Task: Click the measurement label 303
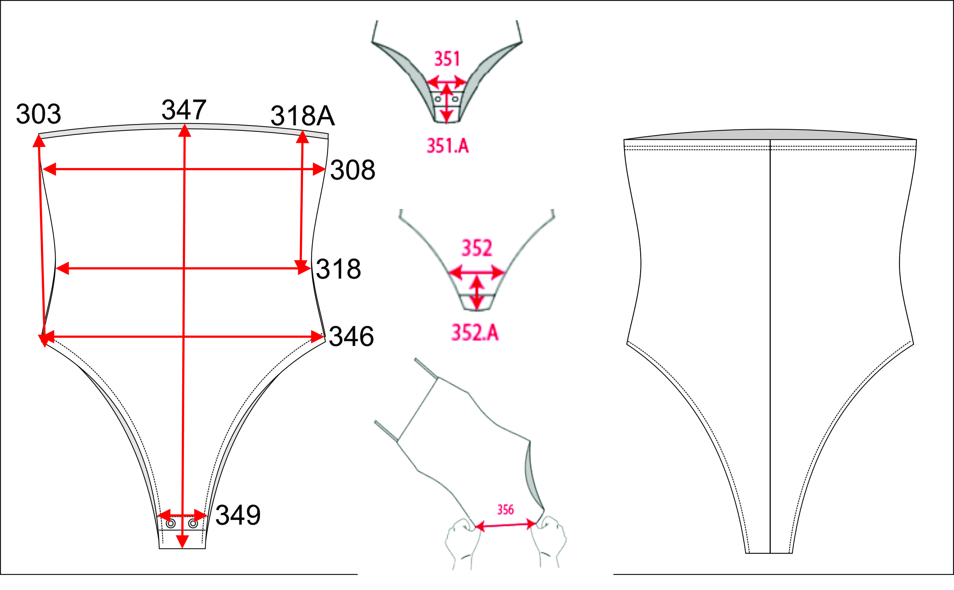pyautogui.click(x=38, y=114)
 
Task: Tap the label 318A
pyautogui.click(x=302, y=116)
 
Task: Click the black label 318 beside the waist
pyautogui.click(x=338, y=269)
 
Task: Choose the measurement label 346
pyautogui.click(x=351, y=336)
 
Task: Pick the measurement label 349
pyautogui.click(x=238, y=515)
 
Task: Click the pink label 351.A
pyautogui.click(x=447, y=146)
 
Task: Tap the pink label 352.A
pyautogui.click(x=475, y=333)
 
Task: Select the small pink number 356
pyautogui.click(x=505, y=509)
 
